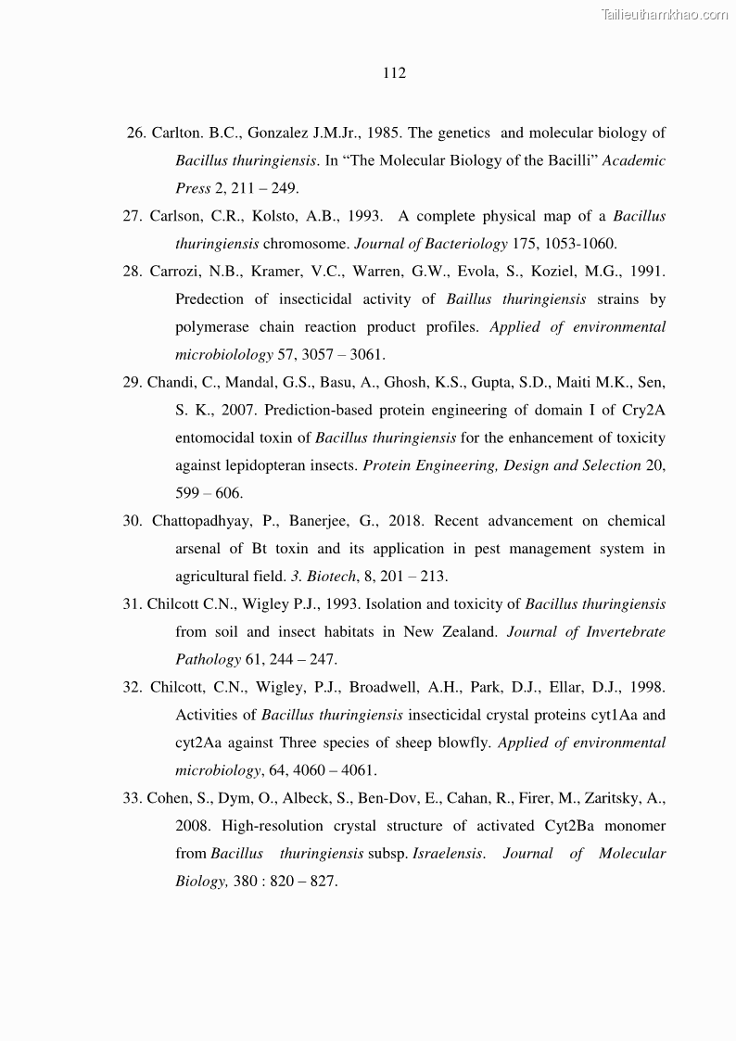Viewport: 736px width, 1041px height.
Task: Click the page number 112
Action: [394, 73]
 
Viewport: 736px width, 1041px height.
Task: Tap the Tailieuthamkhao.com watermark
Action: [665, 14]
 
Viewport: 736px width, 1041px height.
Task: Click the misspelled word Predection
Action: [209, 299]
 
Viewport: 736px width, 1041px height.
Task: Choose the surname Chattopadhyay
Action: [202, 521]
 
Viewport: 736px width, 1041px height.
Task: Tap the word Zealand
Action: [465, 632]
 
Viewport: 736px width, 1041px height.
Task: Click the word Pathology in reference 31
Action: [209, 660]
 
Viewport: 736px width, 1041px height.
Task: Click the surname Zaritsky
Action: [630, 798]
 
